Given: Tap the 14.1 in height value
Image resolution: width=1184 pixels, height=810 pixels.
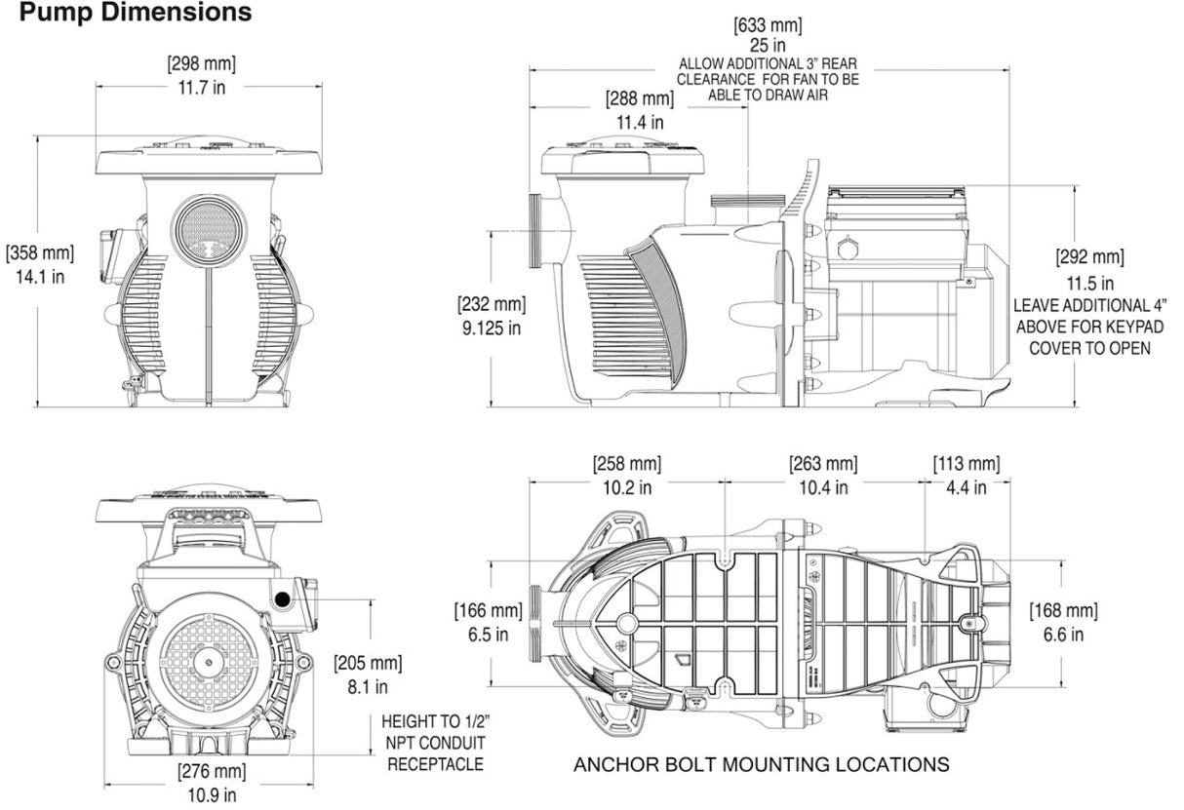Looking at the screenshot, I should point(39,276).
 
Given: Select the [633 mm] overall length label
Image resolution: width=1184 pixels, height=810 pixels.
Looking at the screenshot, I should point(769,24).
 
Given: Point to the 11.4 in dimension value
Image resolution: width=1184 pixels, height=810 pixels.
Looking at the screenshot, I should point(640,122).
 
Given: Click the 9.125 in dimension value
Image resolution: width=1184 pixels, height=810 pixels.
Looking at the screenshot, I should point(491,328).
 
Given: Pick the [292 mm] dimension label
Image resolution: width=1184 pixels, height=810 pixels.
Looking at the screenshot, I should point(1089,257).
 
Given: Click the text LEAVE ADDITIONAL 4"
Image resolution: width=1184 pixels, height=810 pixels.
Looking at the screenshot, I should point(1089,305).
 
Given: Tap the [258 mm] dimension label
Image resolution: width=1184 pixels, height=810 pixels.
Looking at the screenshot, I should point(626,464).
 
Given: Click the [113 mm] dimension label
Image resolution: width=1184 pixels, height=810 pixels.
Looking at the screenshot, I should point(966,464).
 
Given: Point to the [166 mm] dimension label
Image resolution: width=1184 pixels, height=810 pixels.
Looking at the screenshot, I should point(487,611).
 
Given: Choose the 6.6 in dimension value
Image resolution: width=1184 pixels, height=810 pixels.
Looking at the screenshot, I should point(1063,635).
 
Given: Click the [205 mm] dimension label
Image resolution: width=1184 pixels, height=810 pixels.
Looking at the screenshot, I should point(367,664).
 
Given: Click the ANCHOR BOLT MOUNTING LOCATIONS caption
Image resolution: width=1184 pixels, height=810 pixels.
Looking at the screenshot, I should point(761,764).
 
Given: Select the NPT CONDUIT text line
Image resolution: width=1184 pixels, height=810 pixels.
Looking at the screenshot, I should point(435,743).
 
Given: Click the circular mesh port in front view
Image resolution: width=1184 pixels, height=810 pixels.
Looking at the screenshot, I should point(207,229).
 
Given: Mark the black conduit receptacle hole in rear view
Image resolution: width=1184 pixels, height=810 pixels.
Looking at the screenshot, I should point(284,599).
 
